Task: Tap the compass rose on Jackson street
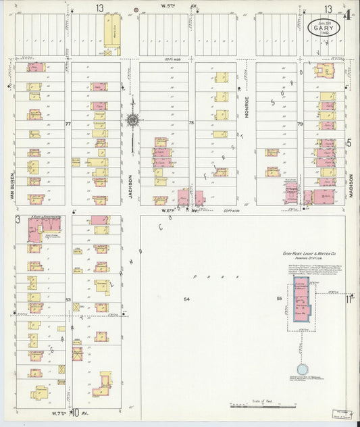tap(132, 121)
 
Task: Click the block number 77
tap(68, 124)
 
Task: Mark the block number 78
tap(191, 123)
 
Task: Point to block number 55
tap(278, 298)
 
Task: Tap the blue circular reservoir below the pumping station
tap(302, 370)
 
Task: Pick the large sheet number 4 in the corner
tap(347, 13)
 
